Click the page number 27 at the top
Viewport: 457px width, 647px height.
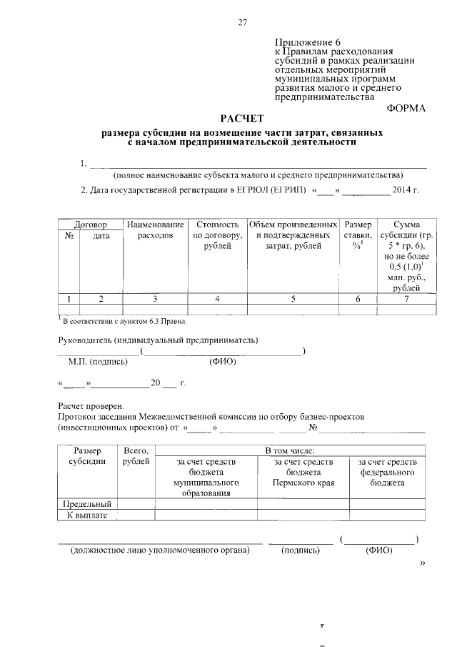pyautogui.click(x=242, y=22)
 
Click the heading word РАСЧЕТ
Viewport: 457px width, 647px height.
pyautogui.click(x=241, y=118)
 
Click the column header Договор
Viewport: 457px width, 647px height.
pyautogui.click(x=90, y=224)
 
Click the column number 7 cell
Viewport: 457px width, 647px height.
pyautogui.click(x=406, y=299)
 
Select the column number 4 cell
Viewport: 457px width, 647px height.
pyautogui.click(x=217, y=299)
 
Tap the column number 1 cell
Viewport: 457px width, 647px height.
pyautogui.click(x=69, y=299)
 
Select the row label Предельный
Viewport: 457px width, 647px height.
pyautogui.click(x=88, y=504)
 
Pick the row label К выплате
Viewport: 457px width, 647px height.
pyautogui.click(x=88, y=515)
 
